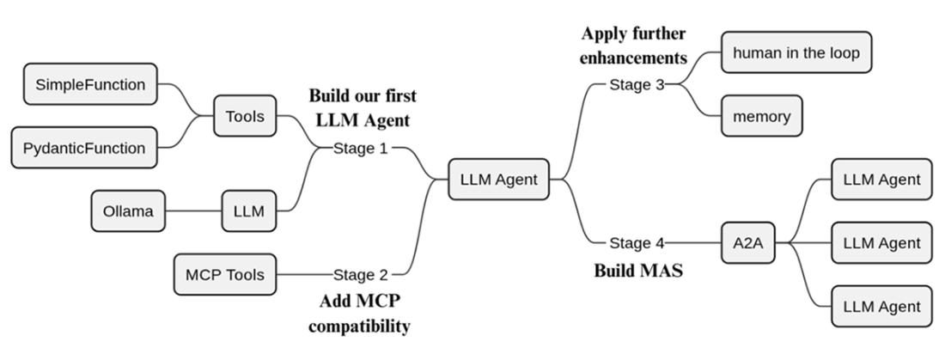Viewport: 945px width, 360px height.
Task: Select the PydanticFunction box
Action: point(83,148)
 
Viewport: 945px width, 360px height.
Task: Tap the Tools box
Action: point(245,115)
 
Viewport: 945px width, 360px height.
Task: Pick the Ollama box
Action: point(128,211)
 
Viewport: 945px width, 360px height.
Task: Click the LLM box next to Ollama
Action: point(249,211)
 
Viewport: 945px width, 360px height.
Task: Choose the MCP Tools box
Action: point(225,275)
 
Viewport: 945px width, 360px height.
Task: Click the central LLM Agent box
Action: point(498,180)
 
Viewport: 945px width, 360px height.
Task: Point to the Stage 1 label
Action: point(361,148)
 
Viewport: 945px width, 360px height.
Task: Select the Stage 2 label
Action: point(361,275)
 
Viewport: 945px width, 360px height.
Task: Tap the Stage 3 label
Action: point(637,84)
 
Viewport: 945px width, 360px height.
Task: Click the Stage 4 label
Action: point(637,243)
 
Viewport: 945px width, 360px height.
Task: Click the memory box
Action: point(761,116)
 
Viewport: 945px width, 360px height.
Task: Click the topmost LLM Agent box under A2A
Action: point(881,180)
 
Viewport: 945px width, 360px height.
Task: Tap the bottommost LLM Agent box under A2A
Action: point(881,307)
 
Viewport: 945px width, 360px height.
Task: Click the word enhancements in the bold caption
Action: point(634,58)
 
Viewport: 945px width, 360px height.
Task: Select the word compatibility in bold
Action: point(359,326)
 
